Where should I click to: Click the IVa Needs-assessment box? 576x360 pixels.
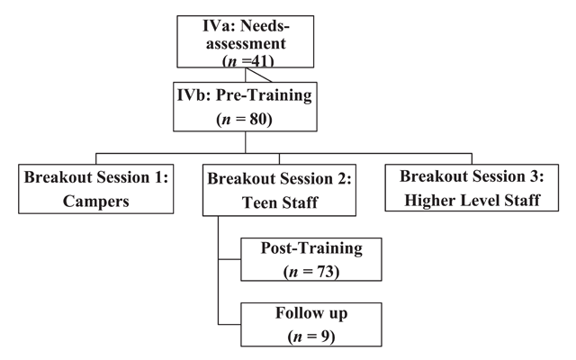246,41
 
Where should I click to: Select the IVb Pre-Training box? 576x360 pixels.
245,106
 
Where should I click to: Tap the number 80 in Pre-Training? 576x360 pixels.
258,119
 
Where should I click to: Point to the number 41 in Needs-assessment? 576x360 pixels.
261,61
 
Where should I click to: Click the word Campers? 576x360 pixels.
96,201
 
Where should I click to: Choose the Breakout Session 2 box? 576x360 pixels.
279,190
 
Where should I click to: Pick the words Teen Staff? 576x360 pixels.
280,202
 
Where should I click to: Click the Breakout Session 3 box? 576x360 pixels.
472,188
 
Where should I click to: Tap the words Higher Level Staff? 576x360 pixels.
472,200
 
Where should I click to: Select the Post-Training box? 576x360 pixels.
311,259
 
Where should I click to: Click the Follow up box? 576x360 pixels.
311,324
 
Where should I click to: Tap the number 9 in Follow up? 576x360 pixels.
326,336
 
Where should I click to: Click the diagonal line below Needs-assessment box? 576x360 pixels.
259,75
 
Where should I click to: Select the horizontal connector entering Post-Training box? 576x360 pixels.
229,259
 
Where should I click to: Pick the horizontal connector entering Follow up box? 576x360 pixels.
229,324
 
